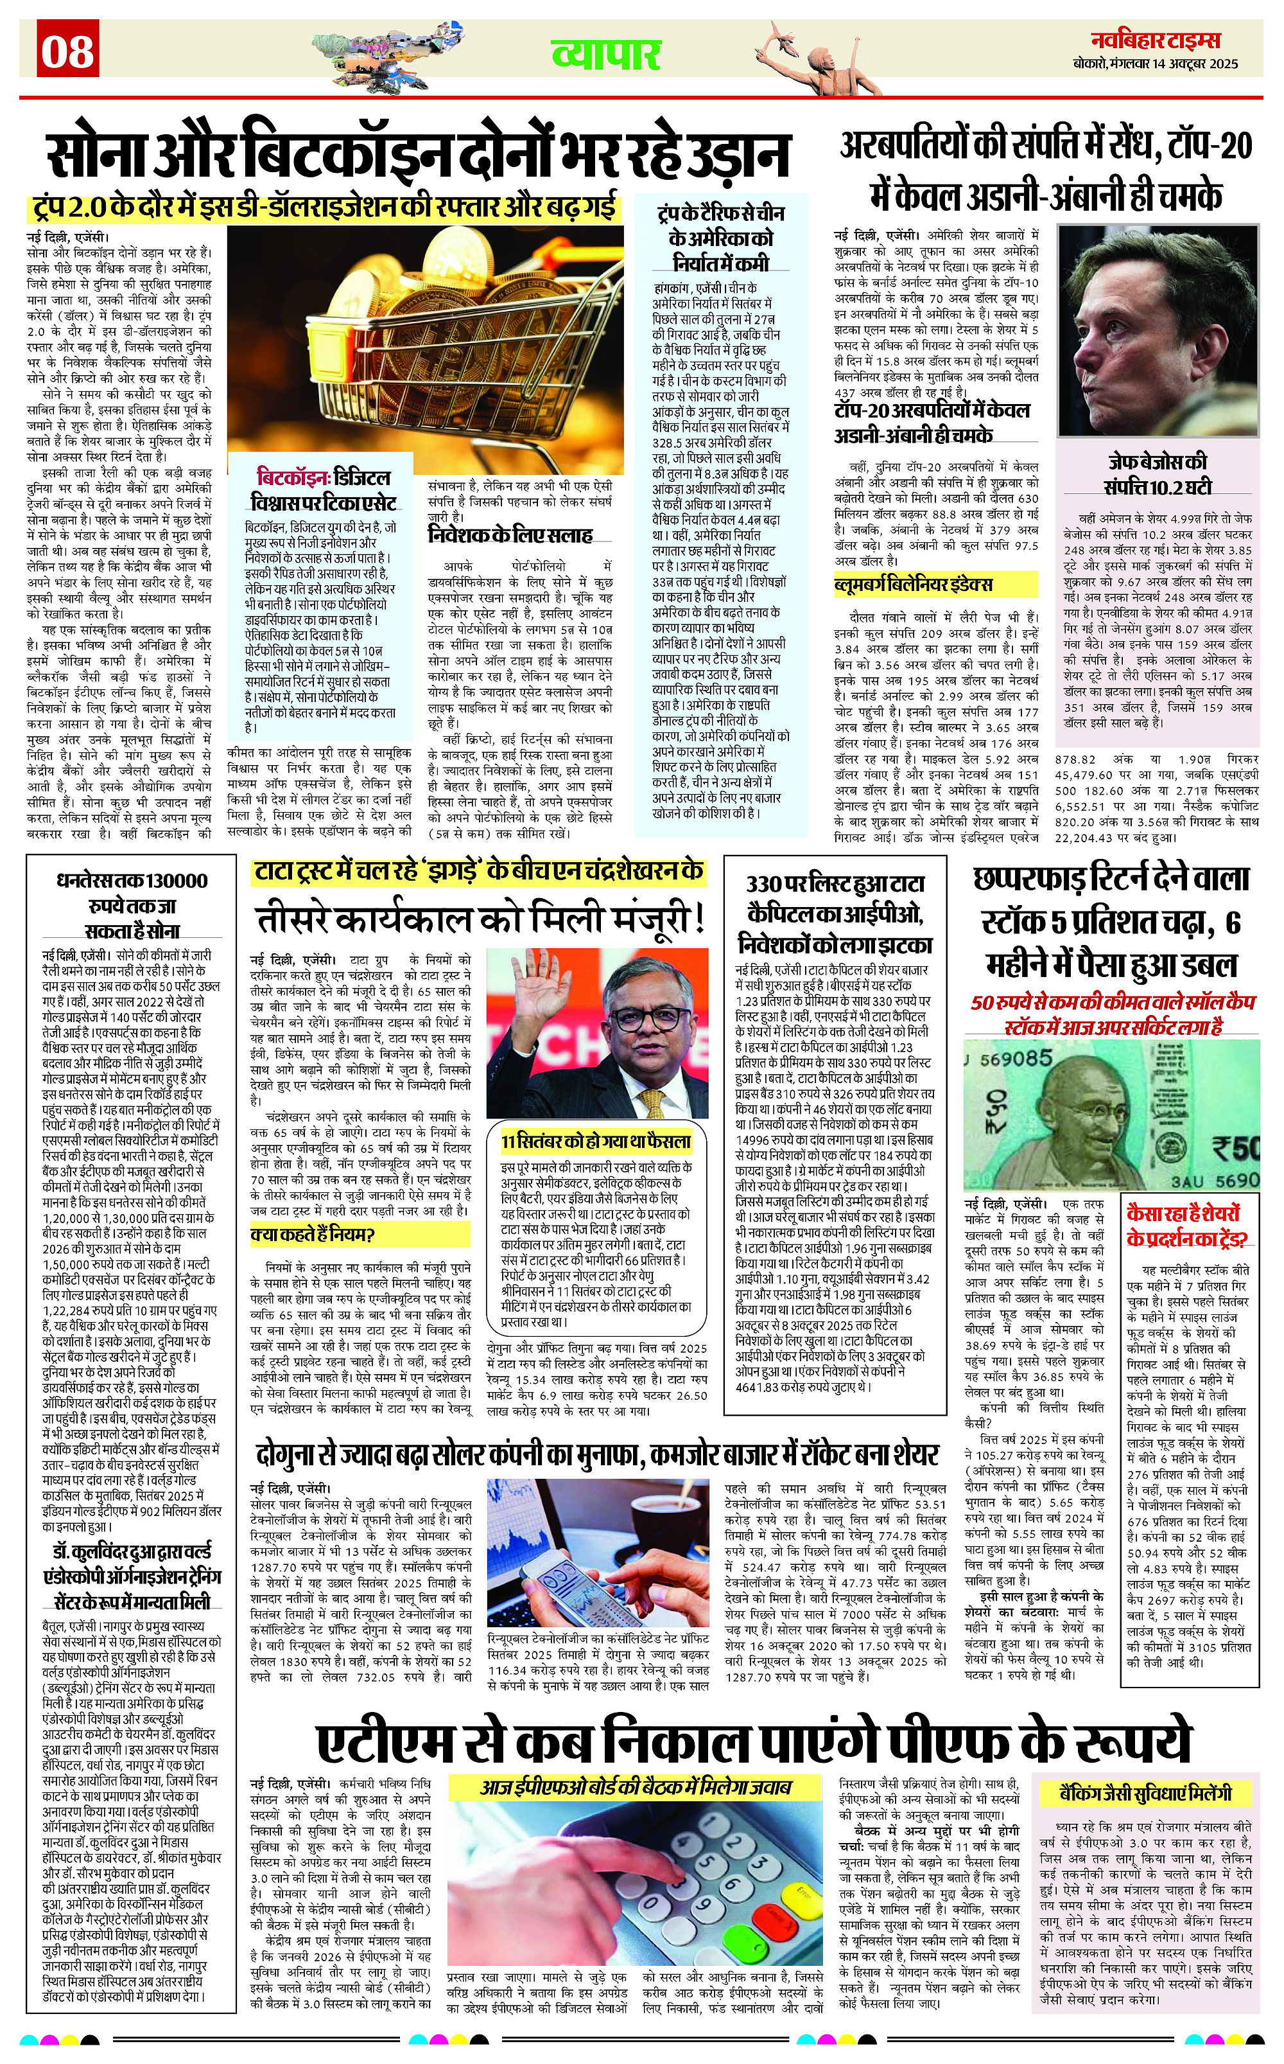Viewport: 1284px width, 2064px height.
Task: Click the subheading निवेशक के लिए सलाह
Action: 510,535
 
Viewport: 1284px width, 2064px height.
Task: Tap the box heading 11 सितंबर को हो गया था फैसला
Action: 595,1140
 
